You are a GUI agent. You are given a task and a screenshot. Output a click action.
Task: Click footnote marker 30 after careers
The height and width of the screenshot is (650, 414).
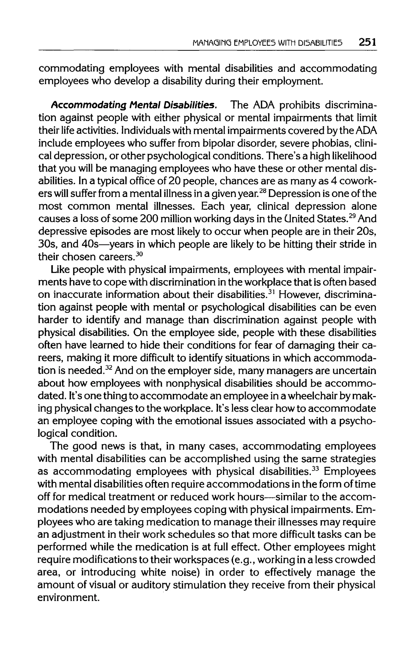pos(138,254)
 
